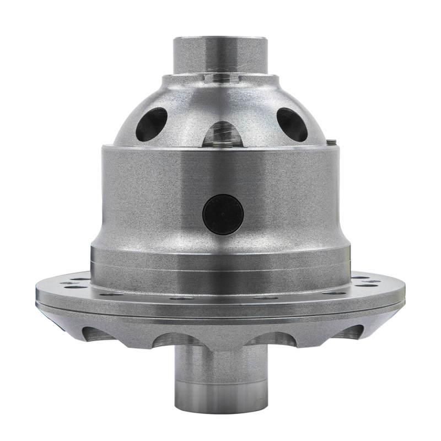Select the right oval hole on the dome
pos(292,124)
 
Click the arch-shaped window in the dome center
pos(222,133)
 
